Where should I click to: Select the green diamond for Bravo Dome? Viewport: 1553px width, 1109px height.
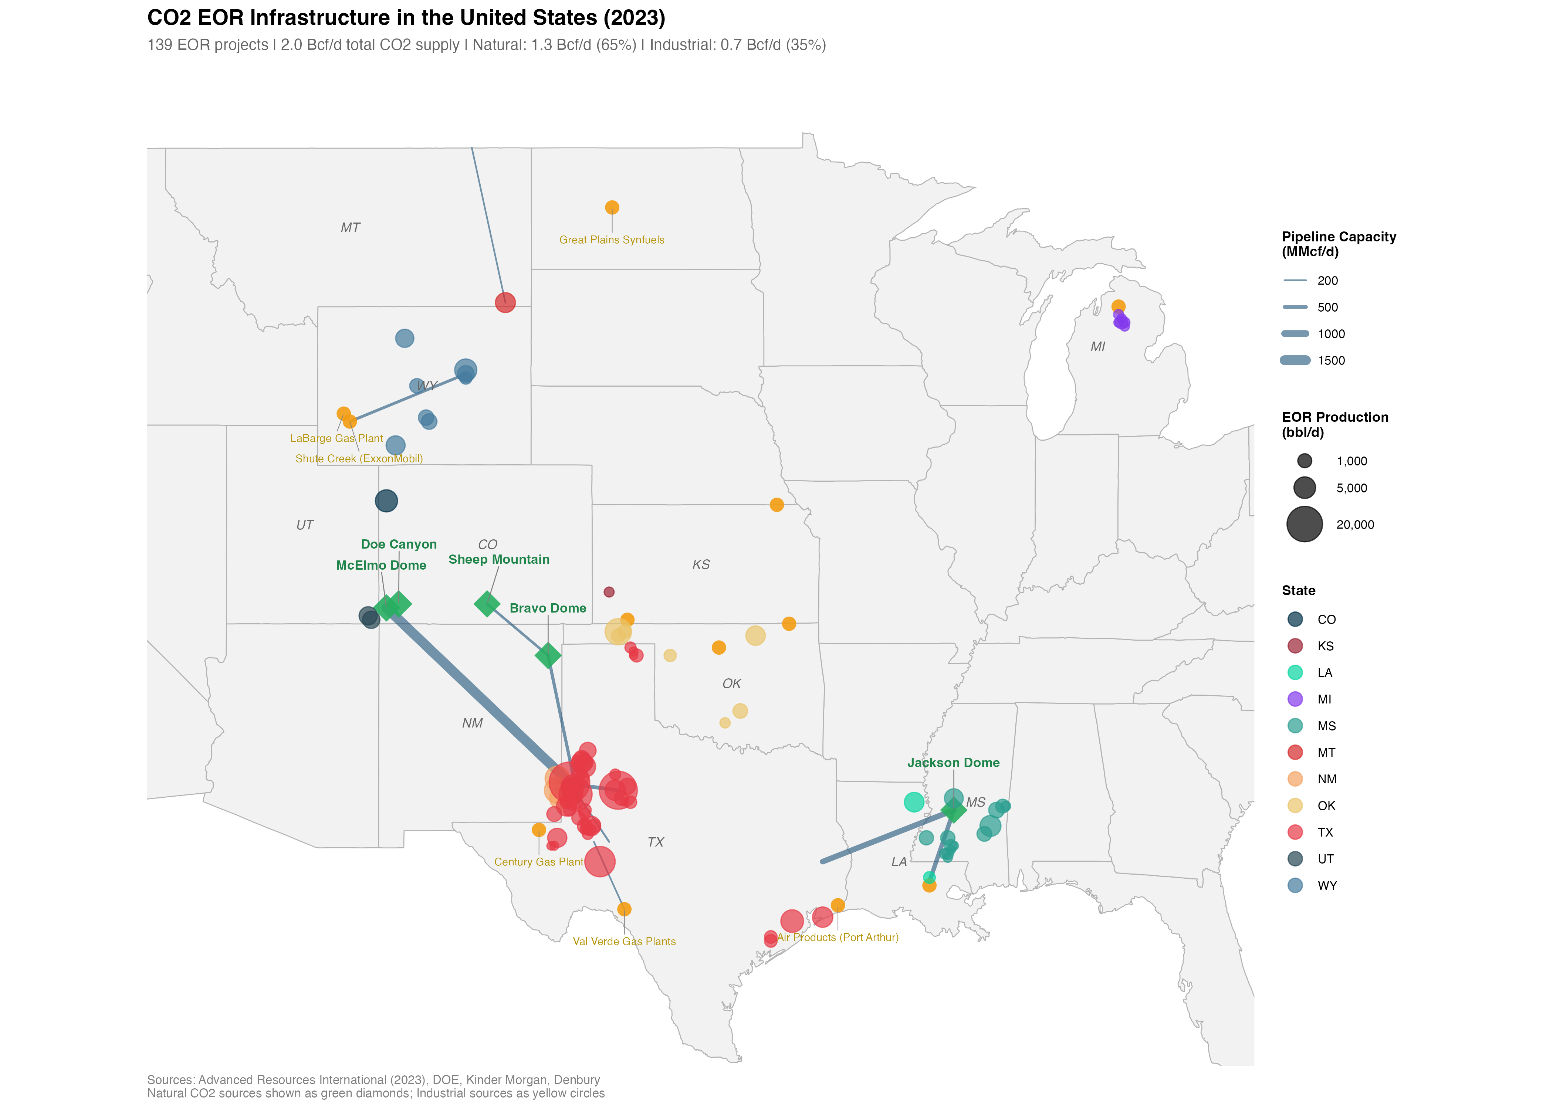pos(548,655)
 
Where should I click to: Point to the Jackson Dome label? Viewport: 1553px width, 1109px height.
pos(953,763)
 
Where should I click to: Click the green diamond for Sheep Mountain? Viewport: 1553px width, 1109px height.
pos(487,604)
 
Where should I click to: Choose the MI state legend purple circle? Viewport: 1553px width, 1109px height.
pos(1295,699)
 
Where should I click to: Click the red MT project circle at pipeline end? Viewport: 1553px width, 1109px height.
pos(505,302)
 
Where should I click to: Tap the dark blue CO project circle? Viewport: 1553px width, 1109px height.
pos(386,501)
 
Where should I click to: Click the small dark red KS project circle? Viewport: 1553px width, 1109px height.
pos(609,592)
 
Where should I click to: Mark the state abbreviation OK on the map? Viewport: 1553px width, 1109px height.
pos(731,684)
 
